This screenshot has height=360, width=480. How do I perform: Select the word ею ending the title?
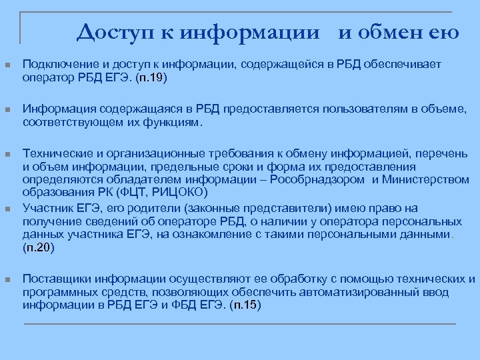(x=446, y=31)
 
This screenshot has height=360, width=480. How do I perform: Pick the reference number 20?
(x=43, y=247)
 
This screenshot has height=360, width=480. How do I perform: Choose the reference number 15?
(x=249, y=305)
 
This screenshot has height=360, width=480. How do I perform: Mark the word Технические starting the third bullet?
(x=56, y=154)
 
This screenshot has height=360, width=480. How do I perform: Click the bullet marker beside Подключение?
(x=7, y=65)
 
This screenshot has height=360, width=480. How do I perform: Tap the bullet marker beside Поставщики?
(x=7, y=279)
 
